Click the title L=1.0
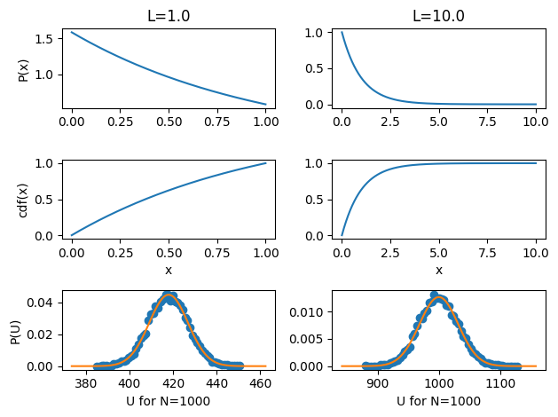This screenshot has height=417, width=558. pos(169,16)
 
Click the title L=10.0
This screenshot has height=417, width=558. pos(438,16)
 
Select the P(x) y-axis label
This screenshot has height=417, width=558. pos(23,69)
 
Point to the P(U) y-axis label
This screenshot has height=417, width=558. pos(23,329)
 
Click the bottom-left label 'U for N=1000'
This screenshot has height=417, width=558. pos(169,401)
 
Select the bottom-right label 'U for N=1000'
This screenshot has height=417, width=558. pos(438,401)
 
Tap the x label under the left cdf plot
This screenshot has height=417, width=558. pos(169,269)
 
